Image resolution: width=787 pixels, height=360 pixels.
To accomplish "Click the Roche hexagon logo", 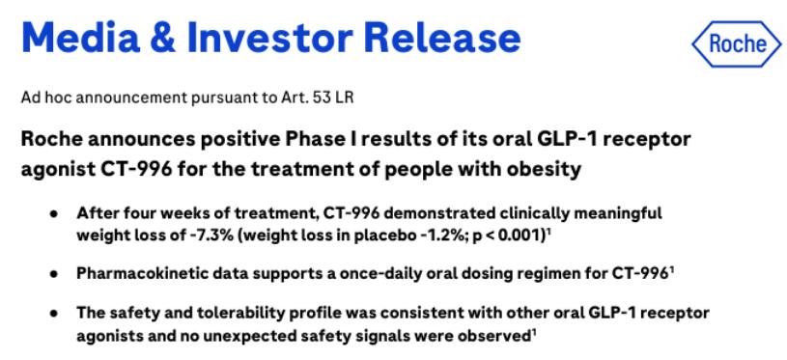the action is point(737,44).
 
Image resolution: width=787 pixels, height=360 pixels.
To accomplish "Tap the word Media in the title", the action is point(80,38).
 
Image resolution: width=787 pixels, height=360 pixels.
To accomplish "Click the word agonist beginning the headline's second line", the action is point(50,171).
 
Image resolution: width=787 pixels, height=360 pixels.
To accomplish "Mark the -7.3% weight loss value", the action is point(209,235).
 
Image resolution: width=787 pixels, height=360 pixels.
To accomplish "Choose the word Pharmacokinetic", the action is point(130,274).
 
